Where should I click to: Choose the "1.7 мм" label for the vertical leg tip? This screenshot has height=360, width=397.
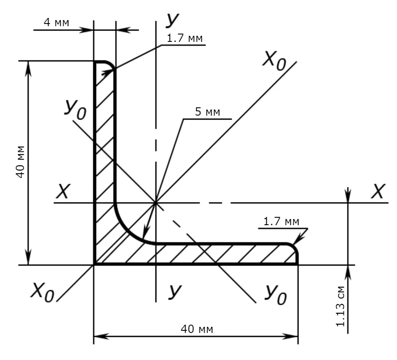[x=184, y=38]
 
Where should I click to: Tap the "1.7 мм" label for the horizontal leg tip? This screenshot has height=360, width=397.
[x=281, y=222]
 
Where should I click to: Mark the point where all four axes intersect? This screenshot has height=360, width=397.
[x=155, y=203]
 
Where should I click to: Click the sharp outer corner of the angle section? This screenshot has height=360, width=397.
[x=94, y=264]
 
